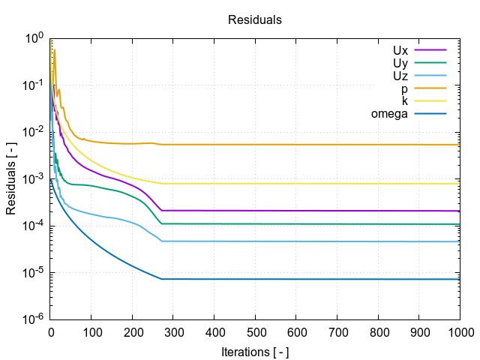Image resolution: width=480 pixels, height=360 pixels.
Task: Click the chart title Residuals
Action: pyautogui.click(x=254, y=20)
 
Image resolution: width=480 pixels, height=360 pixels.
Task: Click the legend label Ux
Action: pyautogui.click(x=400, y=50)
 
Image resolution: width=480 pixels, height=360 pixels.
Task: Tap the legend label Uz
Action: pyautogui.click(x=400, y=76)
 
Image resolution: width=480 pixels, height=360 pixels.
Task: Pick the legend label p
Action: pyautogui.click(x=404, y=88)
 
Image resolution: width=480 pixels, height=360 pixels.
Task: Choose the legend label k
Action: pyautogui.click(x=405, y=101)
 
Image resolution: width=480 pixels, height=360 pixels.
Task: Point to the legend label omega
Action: pyautogui.click(x=389, y=114)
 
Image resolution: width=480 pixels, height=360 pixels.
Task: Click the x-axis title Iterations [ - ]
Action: pyautogui.click(x=255, y=351)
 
